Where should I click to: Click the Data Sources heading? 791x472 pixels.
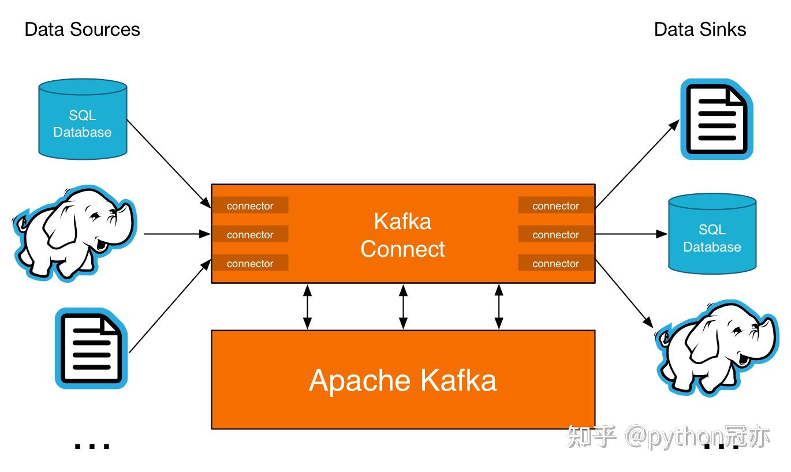[82, 29]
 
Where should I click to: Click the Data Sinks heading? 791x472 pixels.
[700, 29]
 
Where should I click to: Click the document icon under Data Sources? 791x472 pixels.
[91, 348]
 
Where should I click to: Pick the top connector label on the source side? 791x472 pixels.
[250, 205]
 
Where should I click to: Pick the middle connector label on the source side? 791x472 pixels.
[250, 234]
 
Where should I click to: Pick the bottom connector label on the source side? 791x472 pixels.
[250, 263]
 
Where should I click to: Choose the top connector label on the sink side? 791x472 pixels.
[555, 205]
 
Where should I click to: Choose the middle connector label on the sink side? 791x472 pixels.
[555, 234]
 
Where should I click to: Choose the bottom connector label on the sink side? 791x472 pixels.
[555, 263]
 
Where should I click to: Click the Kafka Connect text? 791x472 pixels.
[402, 235]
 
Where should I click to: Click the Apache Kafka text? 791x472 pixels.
[402, 380]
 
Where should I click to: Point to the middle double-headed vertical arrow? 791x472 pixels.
[403, 306]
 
